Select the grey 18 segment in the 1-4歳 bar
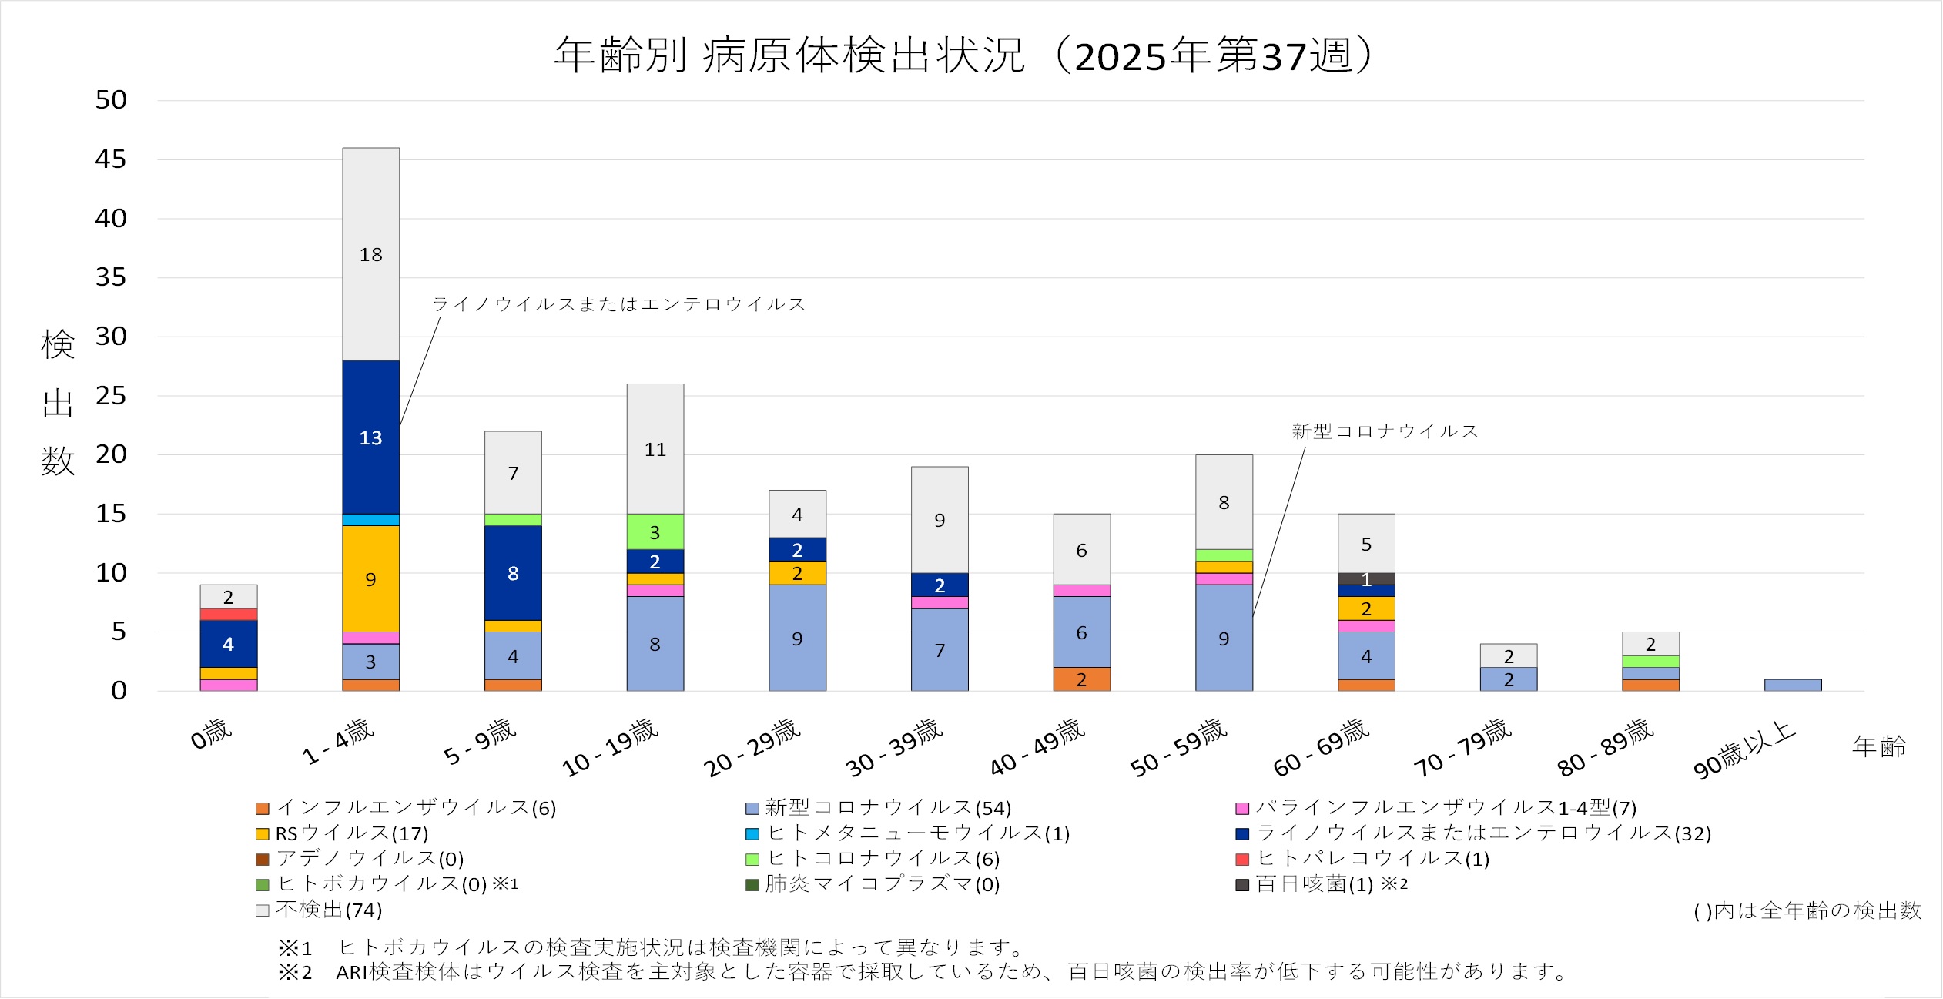point(370,254)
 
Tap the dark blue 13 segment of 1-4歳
point(370,437)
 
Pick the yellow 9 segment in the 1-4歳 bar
point(370,579)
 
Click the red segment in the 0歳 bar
point(228,615)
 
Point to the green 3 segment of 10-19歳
point(655,532)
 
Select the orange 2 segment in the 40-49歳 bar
point(1081,679)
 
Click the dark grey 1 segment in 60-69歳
point(1365,579)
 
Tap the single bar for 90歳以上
point(1792,685)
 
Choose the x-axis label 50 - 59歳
point(1178,747)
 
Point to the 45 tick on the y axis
point(111,159)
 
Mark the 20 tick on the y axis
point(111,454)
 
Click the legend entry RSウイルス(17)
point(351,833)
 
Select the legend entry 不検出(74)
point(328,910)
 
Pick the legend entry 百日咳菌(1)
point(1314,884)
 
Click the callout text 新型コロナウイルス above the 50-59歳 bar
point(1385,431)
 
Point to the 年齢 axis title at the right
point(1878,746)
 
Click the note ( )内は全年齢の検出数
point(1807,911)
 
